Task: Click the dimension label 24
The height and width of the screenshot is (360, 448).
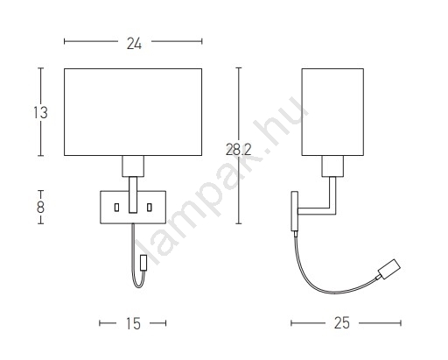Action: (134, 44)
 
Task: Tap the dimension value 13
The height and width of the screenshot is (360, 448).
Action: (40, 113)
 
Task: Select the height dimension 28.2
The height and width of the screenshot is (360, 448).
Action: (238, 150)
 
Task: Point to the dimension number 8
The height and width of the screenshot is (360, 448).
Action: (40, 208)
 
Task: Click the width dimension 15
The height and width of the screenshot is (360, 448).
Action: (133, 323)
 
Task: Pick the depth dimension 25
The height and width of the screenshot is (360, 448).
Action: (342, 323)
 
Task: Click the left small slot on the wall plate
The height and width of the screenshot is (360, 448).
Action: (116, 208)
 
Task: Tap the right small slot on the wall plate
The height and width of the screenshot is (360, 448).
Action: (150, 208)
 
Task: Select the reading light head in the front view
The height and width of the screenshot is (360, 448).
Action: (143, 263)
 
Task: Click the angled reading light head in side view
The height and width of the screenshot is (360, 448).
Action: (389, 269)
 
